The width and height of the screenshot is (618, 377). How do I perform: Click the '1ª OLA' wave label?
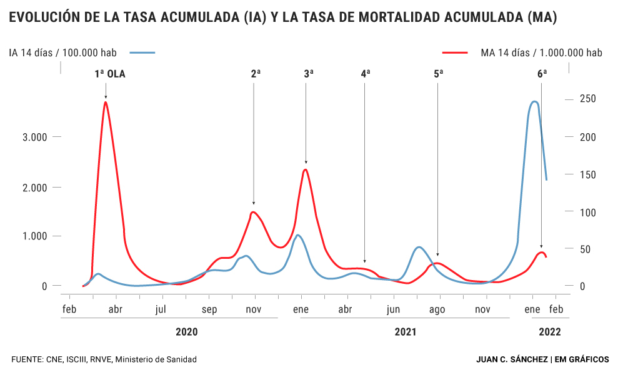(x=110, y=74)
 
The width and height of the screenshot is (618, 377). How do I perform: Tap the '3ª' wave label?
(x=309, y=74)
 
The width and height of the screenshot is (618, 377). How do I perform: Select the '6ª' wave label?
(x=542, y=74)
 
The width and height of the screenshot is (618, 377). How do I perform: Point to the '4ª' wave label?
(x=366, y=74)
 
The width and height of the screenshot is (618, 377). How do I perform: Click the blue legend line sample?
(x=138, y=53)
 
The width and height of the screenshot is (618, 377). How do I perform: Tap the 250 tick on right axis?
(x=587, y=99)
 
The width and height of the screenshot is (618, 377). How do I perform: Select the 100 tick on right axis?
(x=587, y=212)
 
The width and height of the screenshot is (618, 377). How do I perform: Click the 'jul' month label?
(x=161, y=309)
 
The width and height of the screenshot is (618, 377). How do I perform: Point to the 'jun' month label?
(x=393, y=309)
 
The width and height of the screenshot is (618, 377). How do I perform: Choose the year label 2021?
(x=406, y=332)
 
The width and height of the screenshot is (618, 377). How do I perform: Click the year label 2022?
(x=550, y=332)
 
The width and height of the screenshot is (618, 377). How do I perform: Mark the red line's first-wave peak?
(x=106, y=102)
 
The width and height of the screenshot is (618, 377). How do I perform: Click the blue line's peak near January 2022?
(x=534, y=101)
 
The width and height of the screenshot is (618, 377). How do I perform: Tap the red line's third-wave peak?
(x=305, y=169)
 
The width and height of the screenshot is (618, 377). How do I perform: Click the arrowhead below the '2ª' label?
(x=254, y=203)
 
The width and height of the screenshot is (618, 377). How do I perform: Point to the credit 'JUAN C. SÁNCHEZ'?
(x=512, y=359)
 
